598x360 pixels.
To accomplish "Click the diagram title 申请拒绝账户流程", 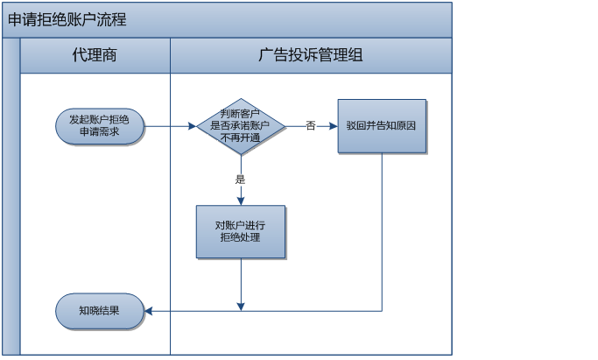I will (67, 19).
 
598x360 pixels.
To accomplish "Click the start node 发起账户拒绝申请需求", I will (99, 126).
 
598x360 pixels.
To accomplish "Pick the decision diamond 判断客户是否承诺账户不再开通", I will (241, 126).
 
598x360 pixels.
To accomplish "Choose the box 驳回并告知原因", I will (382, 126).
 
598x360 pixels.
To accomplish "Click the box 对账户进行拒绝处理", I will (241, 231).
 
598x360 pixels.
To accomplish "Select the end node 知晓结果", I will (99, 311).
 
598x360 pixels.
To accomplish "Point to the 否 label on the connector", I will (310, 126).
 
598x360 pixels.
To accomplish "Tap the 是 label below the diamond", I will (240, 180).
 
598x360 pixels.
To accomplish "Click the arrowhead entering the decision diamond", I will (192, 126).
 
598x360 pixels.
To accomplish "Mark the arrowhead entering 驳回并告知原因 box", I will (334, 126).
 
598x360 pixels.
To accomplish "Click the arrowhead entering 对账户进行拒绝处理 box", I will (241, 201).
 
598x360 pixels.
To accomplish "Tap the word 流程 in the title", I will (112, 19).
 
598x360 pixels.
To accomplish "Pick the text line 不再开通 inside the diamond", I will (241, 138).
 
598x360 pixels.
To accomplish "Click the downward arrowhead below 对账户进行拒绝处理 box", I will (241, 306).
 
